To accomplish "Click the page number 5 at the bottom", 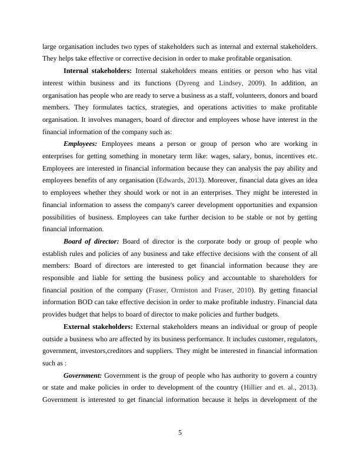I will coord(180,433).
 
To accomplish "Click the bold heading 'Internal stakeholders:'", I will coord(97,71).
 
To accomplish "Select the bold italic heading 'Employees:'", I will coord(82,144).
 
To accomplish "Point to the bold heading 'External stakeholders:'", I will coord(98,327).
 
